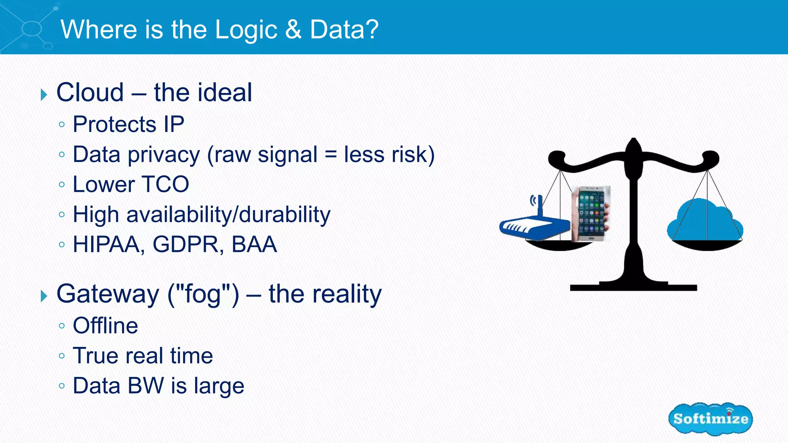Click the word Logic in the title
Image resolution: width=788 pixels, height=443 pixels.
[x=246, y=30]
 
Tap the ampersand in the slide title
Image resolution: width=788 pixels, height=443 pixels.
[x=294, y=30]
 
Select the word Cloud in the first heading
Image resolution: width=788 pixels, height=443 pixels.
[x=90, y=93]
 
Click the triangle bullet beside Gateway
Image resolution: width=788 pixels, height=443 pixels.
[x=44, y=296]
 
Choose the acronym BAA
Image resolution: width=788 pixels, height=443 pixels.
[x=254, y=245]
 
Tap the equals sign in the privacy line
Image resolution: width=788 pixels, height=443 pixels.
[x=331, y=155]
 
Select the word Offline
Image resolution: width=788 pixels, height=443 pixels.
[x=105, y=326]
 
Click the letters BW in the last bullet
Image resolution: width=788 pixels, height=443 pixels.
[x=146, y=386]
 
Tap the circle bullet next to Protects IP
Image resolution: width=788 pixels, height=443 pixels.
[x=62, y=125]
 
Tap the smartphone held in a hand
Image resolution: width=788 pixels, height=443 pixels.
[x=591, y=214]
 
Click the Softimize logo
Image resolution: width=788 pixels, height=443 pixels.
[x=710, y=419]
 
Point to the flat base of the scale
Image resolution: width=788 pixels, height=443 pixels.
[x=633, y=287]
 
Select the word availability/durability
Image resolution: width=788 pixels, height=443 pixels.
[x=228, y=215]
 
